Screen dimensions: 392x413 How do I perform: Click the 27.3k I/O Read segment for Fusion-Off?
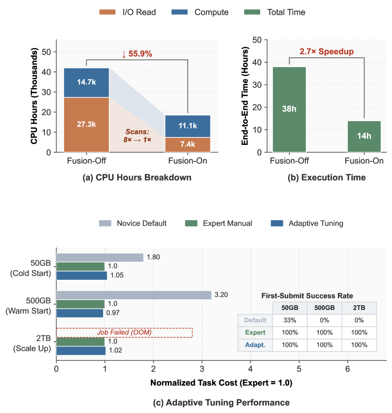coord(86,125)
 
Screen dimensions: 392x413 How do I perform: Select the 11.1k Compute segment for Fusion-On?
coord(187,126)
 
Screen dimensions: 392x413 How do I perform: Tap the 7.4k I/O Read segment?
coord(187,145)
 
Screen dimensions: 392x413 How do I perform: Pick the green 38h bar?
coord(289,110)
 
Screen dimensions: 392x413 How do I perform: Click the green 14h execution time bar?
coord(364,136)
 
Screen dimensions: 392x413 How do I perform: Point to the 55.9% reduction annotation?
coord(137,54)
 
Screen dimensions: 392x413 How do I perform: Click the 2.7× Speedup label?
coord(327,51)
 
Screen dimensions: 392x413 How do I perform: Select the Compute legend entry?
coord(200,12)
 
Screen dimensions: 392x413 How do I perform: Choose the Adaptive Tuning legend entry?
coord(307,223)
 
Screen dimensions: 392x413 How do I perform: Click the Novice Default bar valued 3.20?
coord(134,295)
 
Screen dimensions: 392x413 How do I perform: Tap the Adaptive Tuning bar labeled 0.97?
coord(80,313)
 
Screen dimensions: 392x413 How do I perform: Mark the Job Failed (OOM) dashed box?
coord(124,332)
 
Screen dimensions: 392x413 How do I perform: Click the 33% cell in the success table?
coord(290,320)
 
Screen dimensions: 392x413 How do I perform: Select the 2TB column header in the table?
coord(359,308)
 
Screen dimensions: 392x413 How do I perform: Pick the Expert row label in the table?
coord(255,332)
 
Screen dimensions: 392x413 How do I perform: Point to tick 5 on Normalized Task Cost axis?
coord(299,369)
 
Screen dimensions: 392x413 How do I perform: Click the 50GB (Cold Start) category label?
coord(31,268)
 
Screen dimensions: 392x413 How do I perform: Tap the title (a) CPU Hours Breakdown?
coord(137,177)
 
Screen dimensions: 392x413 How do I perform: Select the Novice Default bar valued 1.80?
coord(100,257)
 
